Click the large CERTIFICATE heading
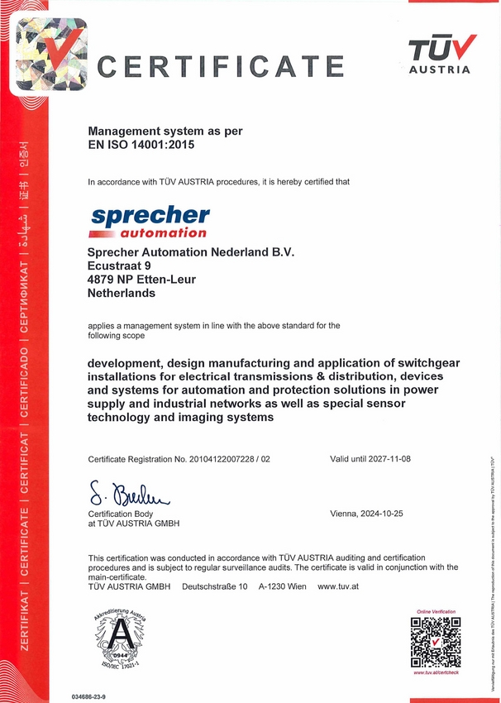tap(220, 65)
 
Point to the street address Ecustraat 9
tap(120, 265)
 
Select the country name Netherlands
tap(122, 293)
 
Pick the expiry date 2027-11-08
tap(386, 459)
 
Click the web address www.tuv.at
tap(339, 586)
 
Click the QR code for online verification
tap(436, 641)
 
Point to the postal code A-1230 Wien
tap(282, 586)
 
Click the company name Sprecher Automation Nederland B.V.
tap(191, 251)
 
